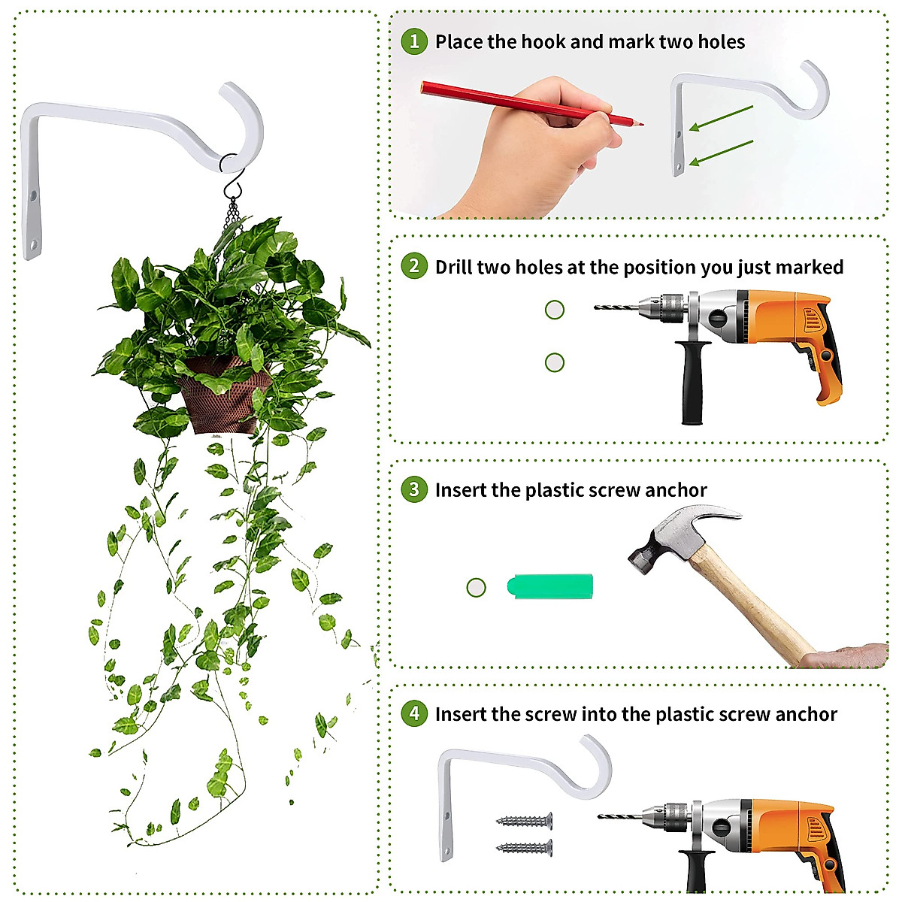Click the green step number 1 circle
pos(413,41)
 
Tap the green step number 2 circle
pos(413,266)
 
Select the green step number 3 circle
pos(413,489)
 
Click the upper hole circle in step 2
pos(554,310)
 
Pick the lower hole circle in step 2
pos(554,362)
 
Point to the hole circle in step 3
pos(476,587)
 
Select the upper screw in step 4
pos(524,822)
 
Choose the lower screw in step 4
pos(524,848)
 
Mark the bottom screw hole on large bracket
pos(32,245)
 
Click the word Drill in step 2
pos(454,267)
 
